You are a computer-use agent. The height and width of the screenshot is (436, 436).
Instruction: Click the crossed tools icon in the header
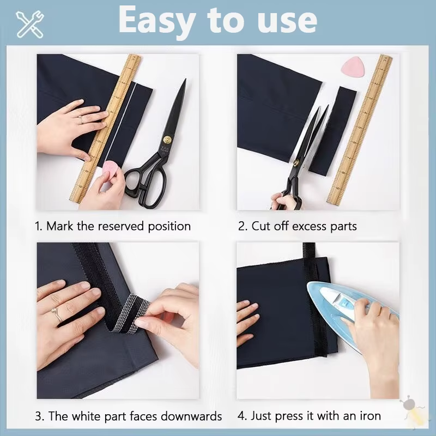click(x=30, y=23)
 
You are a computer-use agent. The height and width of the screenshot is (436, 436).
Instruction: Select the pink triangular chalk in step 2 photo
click(x=352, y=68)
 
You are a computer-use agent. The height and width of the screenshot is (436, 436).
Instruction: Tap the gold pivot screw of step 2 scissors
click(x=297, y=162)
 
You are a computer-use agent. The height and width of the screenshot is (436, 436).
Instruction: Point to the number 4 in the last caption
click(x=241, y=416)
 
